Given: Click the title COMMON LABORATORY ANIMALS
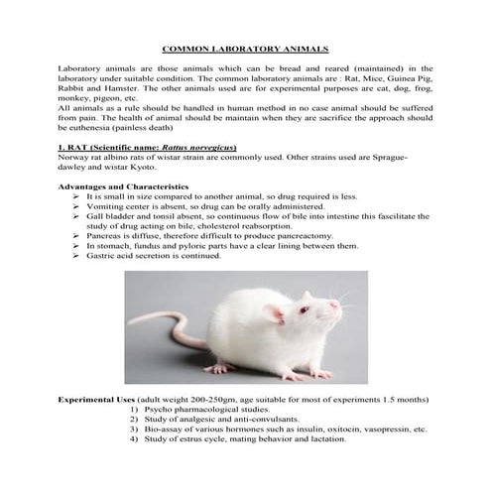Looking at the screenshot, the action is pos(244,47).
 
